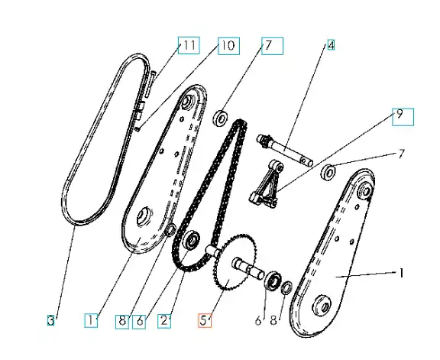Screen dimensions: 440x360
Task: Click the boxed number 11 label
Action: (189, 45)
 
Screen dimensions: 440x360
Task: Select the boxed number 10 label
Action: (229, 46)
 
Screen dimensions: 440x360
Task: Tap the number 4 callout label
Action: (331, 45)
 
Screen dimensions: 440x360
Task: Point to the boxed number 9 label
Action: (403, 117)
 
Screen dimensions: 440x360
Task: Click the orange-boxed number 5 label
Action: (205, 320)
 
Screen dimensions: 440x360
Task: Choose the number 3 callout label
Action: (50, 320)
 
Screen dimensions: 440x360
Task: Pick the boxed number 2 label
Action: (164, 320)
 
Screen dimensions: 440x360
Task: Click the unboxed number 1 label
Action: (401, 273)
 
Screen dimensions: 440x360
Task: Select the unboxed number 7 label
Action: (402, 154)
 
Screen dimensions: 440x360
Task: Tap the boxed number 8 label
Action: (122, 322)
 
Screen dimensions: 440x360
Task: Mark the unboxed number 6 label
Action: (258, 320)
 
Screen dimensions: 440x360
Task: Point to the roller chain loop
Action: (209, 195)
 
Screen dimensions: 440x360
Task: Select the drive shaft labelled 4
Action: (285, 151)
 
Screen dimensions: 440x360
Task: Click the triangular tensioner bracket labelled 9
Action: (267, 184)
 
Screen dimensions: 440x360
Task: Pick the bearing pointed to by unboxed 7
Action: (328, 172)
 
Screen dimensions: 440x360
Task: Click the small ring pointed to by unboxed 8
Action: (286, 288)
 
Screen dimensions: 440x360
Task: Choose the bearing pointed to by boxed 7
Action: (221, 118)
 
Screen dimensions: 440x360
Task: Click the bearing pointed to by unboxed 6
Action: (273, 281)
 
